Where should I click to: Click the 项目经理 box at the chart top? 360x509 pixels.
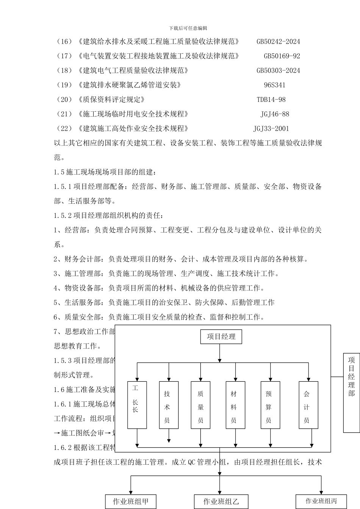coord(221,337)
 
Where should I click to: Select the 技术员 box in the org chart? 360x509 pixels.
coord(169,405)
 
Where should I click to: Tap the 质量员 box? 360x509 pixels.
coord(200,405)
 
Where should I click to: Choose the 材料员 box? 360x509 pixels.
coord(235,405)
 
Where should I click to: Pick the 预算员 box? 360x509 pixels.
coord(270,405)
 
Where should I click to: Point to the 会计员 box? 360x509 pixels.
coord(308,405)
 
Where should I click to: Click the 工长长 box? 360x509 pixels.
coord(137,405)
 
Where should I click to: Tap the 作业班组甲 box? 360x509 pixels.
coord(131,502)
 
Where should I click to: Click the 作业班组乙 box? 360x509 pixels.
coord(221,502)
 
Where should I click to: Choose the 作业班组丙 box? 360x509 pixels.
coord(321,501)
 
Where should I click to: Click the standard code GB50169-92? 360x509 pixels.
coord(282,56)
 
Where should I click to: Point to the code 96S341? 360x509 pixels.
coord(275,85)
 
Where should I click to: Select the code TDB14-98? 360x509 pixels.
coord(271,100)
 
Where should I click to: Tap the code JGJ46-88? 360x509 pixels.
coord(275,114)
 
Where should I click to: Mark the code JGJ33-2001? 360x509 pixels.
coord(271,129)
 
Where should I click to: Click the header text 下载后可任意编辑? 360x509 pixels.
coord(188,28)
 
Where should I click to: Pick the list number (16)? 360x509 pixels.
coord(64,42)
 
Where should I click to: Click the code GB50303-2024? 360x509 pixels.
coord(279,70)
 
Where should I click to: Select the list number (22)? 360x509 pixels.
coord(64,129)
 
